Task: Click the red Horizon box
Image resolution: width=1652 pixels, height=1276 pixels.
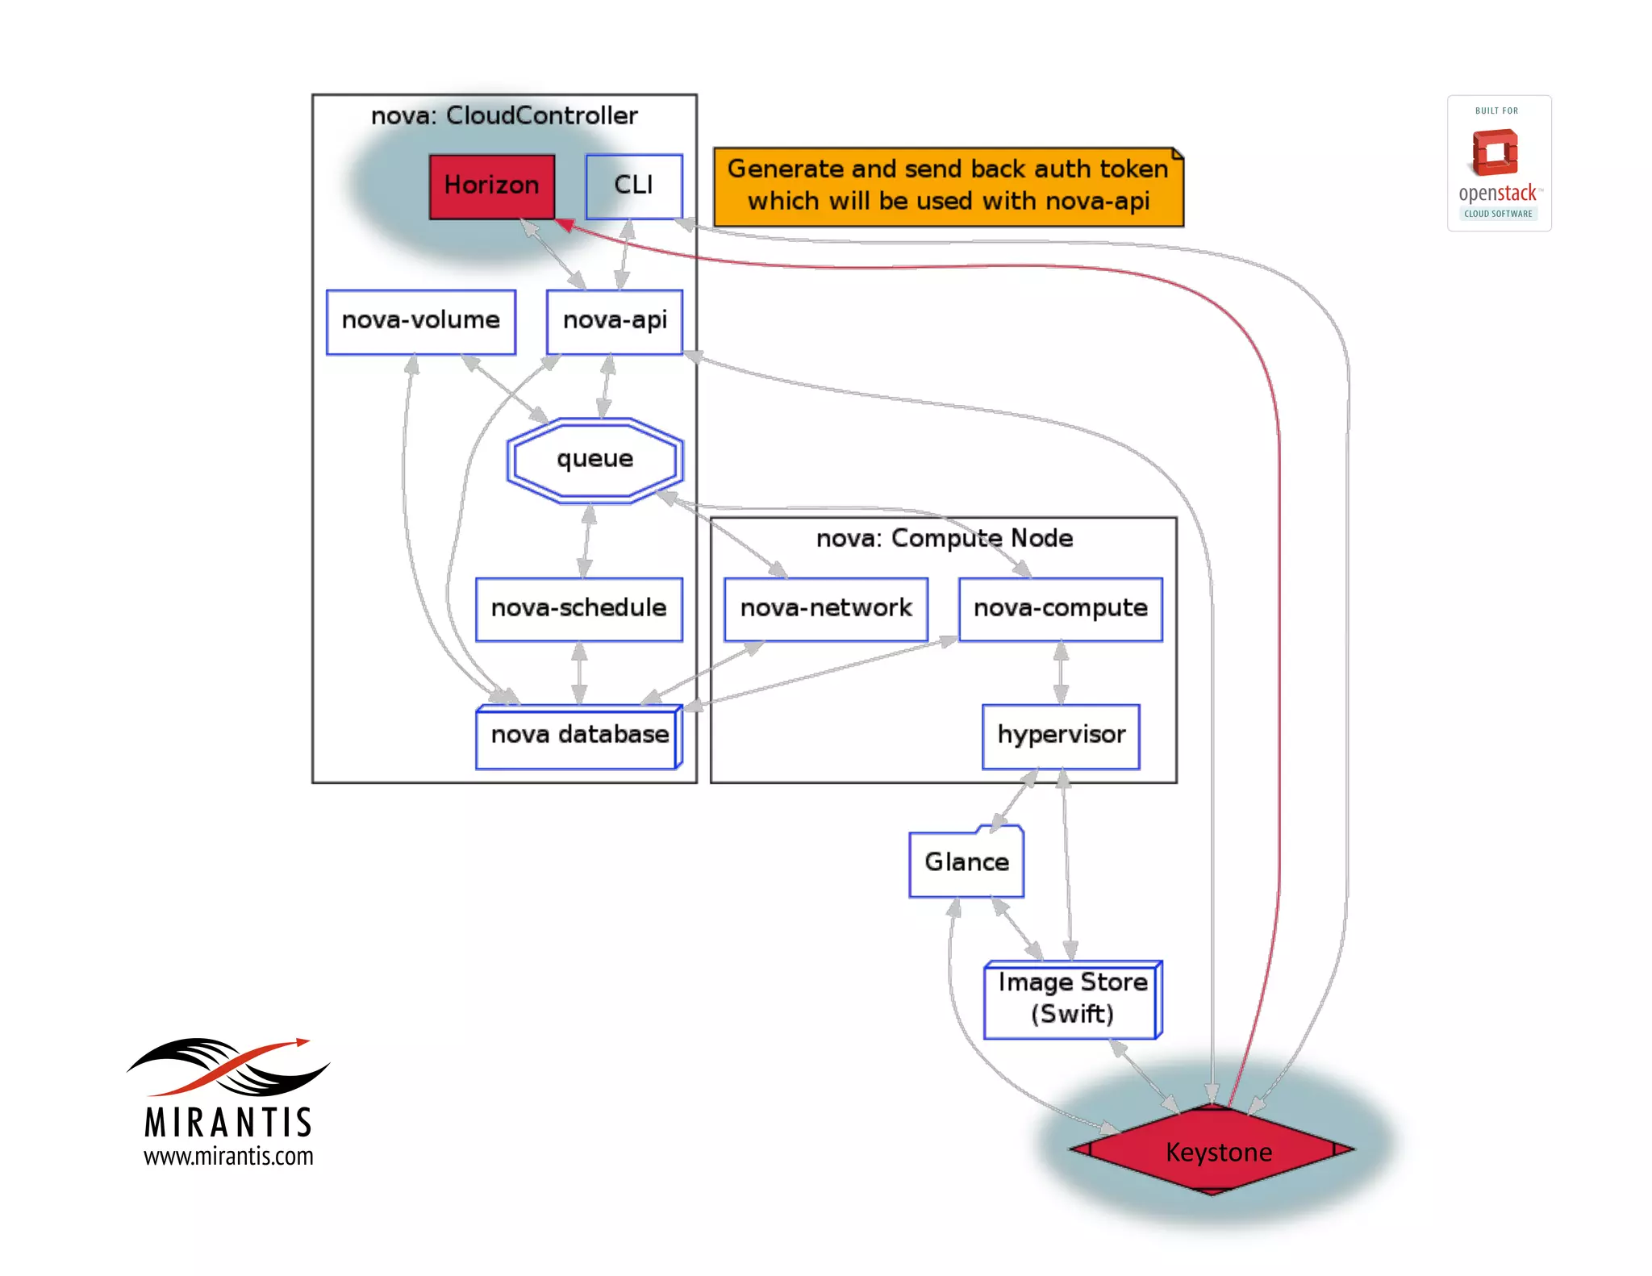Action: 491,186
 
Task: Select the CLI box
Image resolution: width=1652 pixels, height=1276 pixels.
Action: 633,186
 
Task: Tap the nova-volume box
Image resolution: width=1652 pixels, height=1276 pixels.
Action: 420,321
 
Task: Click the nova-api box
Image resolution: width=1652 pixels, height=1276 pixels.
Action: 615,321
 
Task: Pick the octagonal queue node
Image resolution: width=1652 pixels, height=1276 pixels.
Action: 595,460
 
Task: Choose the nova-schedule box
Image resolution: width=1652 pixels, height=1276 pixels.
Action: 578,609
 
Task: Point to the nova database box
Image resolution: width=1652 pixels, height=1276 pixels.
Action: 578,736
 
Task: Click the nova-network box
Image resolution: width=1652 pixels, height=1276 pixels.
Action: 825,609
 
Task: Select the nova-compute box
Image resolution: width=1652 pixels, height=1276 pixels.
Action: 1060,609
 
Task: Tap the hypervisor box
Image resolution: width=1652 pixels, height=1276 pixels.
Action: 1061,736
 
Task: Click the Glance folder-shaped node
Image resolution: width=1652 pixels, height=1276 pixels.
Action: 966,862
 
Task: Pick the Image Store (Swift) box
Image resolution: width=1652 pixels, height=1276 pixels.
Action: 1072,999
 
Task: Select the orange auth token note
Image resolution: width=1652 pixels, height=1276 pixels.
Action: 948,186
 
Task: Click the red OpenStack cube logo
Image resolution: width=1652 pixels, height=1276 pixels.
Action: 1496,153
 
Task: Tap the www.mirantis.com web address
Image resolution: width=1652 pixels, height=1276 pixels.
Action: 228,1157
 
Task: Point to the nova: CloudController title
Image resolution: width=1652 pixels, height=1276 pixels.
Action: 504,116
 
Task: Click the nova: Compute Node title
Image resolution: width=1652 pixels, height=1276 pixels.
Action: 944,539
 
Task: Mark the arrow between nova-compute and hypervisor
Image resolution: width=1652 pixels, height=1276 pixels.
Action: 1061,673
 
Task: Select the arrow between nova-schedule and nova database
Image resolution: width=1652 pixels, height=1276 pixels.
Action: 578,673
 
